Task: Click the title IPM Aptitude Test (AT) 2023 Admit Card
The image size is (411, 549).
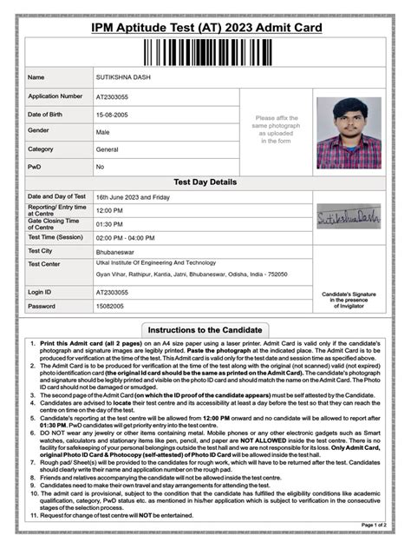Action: coord(205,29)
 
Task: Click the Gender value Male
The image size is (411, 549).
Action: coord(103,131)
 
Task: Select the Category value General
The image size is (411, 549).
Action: coord(108,149)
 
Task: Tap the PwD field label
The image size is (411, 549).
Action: coord(35,166)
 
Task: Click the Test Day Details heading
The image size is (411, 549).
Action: coord(205,182)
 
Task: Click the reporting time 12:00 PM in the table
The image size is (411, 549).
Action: coord(109,210)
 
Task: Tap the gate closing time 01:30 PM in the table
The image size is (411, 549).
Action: coord(109,223)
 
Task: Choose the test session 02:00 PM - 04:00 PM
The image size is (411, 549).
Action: coord(127,236)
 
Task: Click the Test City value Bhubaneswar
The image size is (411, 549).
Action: coord(120,250)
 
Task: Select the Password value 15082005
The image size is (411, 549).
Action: coord(111,307)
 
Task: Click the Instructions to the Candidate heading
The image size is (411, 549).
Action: coord(205,331)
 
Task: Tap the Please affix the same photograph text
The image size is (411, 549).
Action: coord(277,129)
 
